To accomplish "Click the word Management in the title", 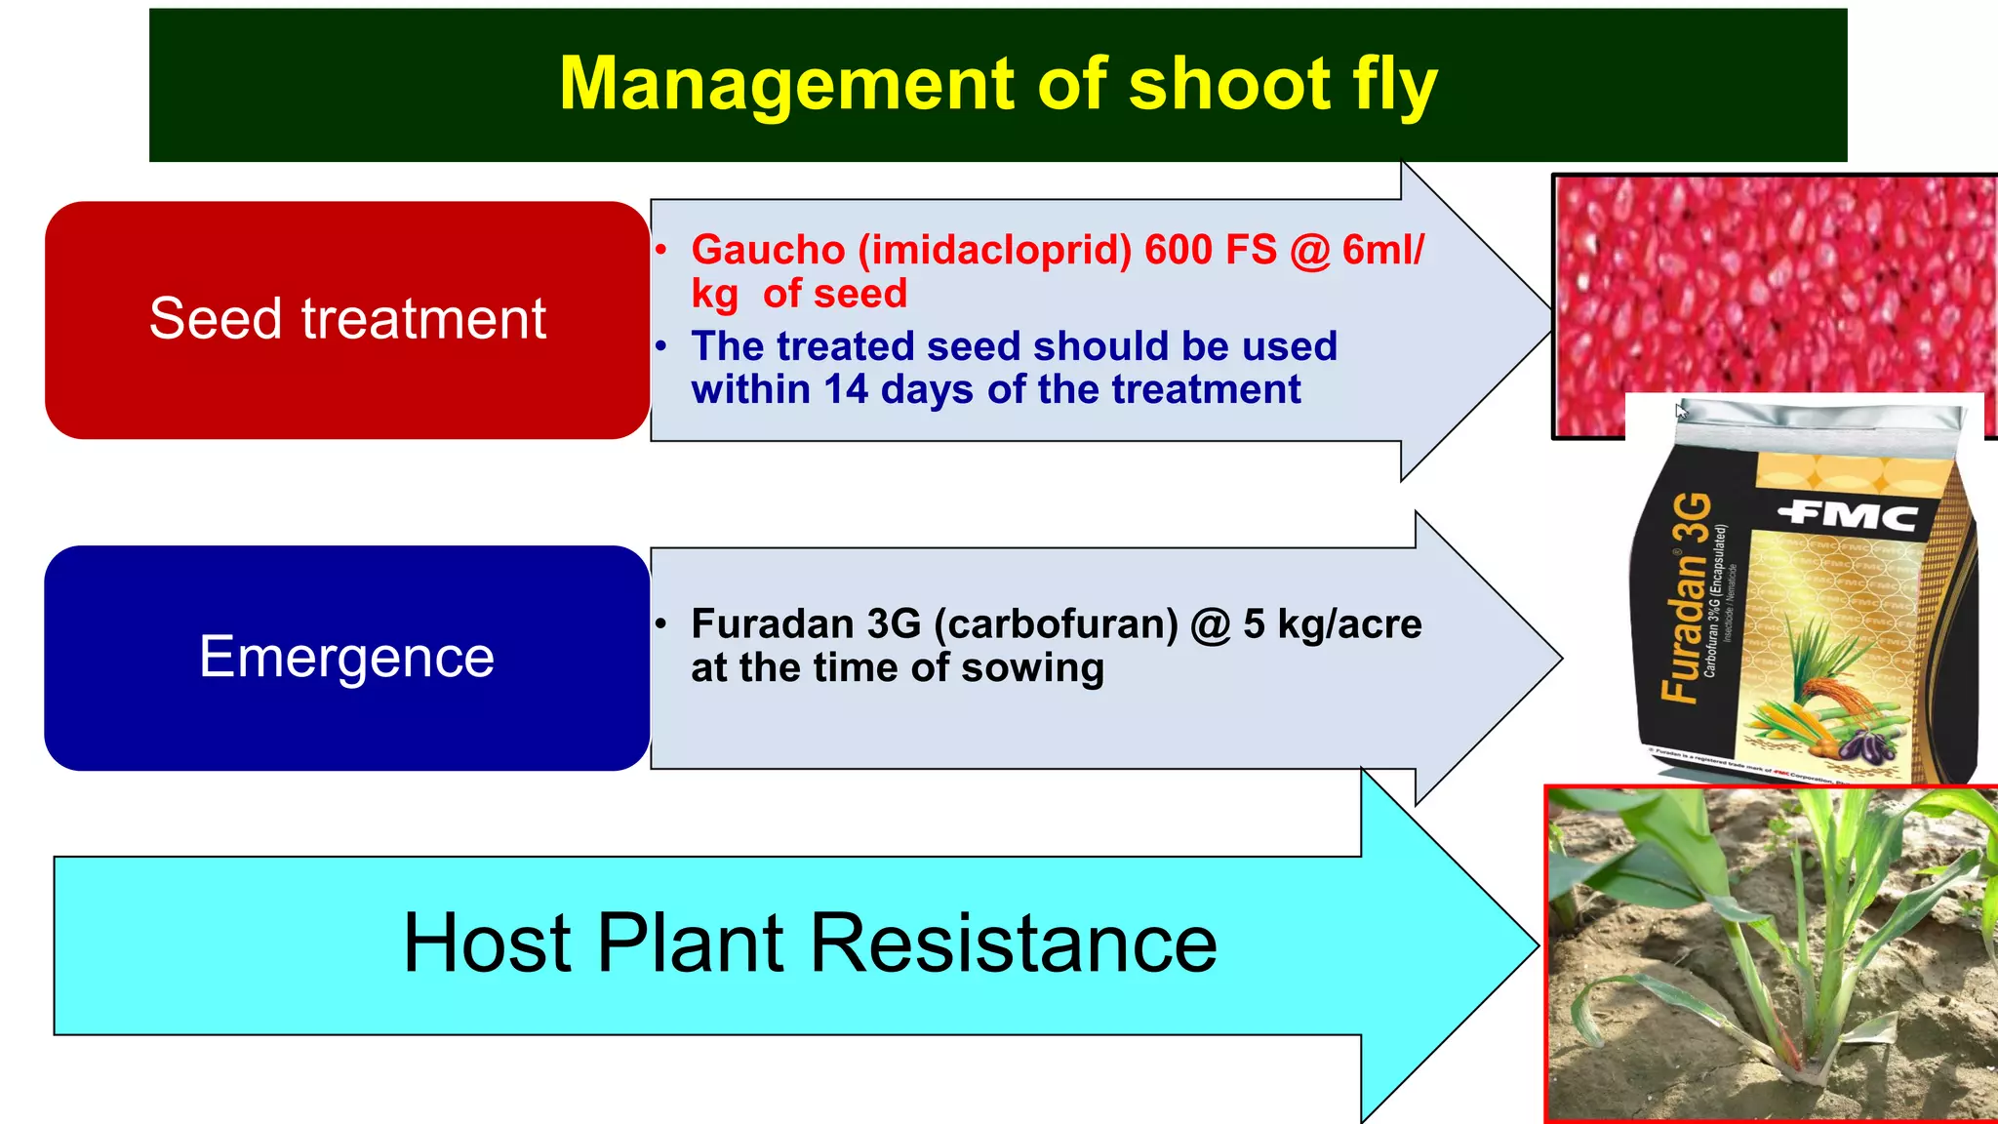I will point(785,86).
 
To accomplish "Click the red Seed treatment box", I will point(347,319).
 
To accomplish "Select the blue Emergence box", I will point(347,657).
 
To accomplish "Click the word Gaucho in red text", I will point(768,250).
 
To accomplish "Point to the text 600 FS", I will point(1210,250).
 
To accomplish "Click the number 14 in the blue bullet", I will point(845,390).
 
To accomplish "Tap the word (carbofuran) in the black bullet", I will point(1056,624).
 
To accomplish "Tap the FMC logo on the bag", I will point(1847,514).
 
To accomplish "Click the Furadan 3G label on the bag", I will point(1687,597).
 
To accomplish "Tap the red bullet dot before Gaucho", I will point(661,250).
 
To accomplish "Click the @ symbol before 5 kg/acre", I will point(1211,624).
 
